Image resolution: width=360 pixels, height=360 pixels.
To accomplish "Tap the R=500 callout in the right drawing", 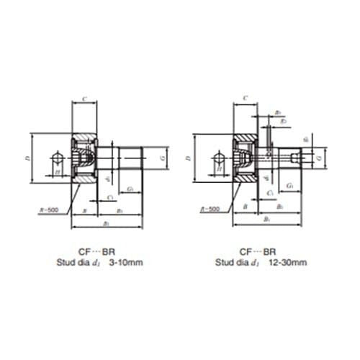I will coord(210,209).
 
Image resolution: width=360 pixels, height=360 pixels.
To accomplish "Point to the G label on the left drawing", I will coord(165,156).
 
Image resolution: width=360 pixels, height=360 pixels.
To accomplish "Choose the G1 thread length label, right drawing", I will coord(289,185).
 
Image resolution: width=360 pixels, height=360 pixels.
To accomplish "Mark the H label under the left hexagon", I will coord(57,173).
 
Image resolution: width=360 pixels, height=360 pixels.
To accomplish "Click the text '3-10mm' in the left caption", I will coord(125,264).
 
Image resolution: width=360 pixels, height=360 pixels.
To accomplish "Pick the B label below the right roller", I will coord(245,207).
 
